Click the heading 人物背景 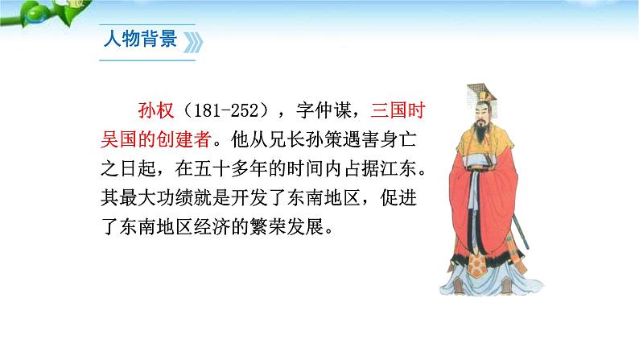pos(140,39)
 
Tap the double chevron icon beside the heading pos(193,43)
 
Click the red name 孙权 pos(156,110)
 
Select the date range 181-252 pos(227,111)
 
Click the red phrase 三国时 pos(398,110)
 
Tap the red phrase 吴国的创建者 pos(155,139)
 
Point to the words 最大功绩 pos(155,197)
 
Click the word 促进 pos(398,197)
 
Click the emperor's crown pos(482,93)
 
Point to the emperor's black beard pos(481,133)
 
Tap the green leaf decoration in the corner pos(45,13)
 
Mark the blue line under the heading pos(147,60)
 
